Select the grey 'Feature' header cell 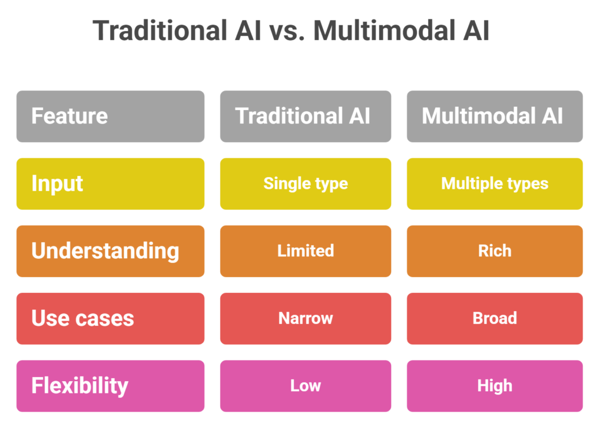110,116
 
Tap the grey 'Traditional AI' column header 305,116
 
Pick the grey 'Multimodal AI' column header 495,116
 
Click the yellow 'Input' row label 110,184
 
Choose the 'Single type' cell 305,184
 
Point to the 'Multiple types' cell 495,184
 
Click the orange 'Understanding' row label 110,251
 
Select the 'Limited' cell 305,251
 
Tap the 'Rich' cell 495,251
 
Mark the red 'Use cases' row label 110,318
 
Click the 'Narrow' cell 305,318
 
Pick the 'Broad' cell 495,318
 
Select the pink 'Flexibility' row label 110,386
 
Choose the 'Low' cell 305,386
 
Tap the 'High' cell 495,386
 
